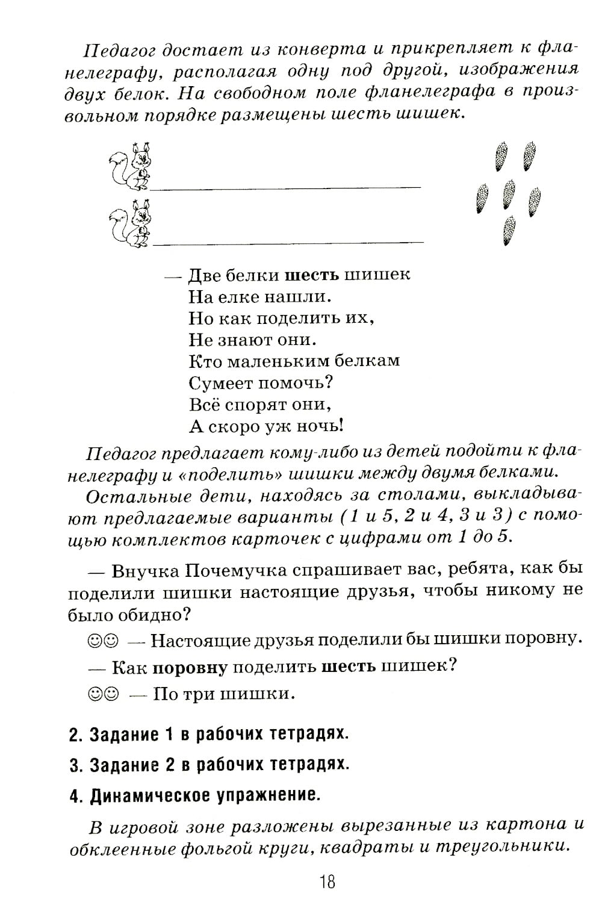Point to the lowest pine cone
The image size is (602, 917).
(x=509, y=231)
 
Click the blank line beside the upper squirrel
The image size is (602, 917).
(x=286, y=188)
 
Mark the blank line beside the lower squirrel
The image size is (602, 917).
(x=288, y=244)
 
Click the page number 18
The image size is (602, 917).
(x=327, y=882)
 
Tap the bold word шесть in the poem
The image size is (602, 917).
(x=311, y=275)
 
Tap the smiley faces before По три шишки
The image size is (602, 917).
(x=103, y=694)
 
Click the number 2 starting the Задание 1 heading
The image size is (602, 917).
(x=74, y=735)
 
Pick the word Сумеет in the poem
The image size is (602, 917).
(x=220, y=382)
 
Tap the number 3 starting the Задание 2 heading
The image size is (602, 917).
(x=74, y=765)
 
